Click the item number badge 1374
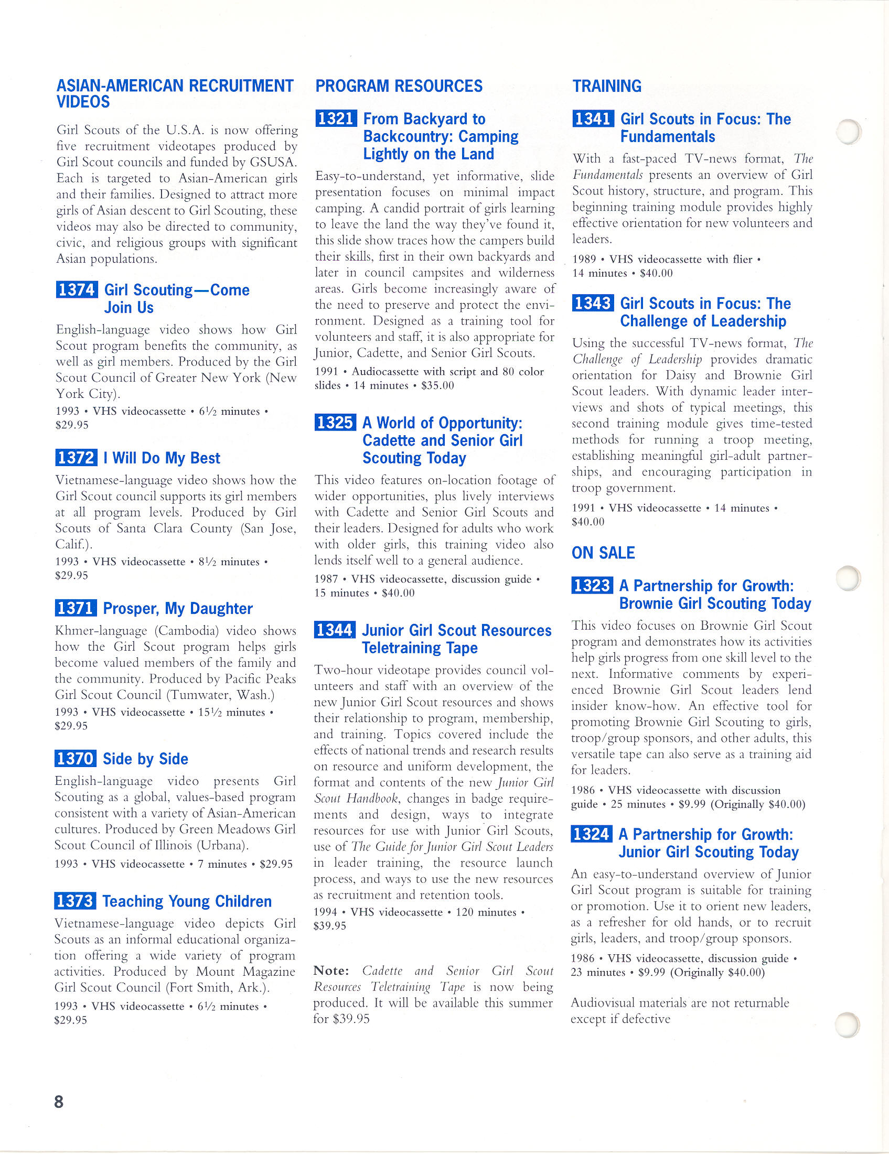pyautogui.click(x=77, y=289)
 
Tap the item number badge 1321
pyautogui.click(x=336, y=118)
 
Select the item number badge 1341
pyautogui.click(x=593, y=118)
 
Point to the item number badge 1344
pyautogui.click(x=335, y=630)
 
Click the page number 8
pyautogui.click(x=59, y=1102)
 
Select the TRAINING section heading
pyautogui.click(x=607, y=85)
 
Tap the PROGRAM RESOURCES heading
pyautogui.click(x=399, y=85)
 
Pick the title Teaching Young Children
pyautogui.click(x=187, y=901)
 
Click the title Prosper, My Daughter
pyautogui.click(x=178, y=608)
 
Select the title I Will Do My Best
pyautogui.click(x=162, y=458)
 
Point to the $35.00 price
pyautogui.click(x=437, y=385)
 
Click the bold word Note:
pyautogui.click(x=331, y=970)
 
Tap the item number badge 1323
pyautogui.click(x=592, y=586)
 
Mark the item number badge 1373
pyautogui.click(x=75, y=900)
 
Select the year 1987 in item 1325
pyautogui.click(x=326, y=579)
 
